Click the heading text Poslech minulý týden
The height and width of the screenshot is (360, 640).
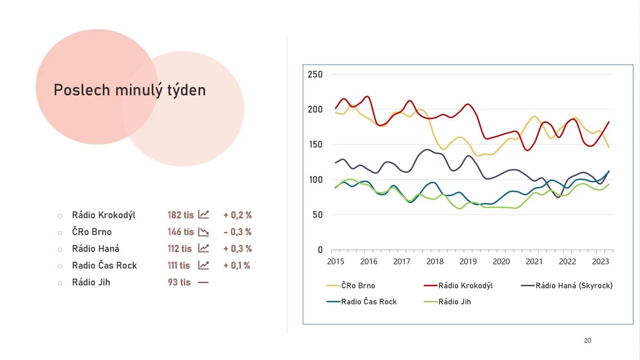click(130, 90)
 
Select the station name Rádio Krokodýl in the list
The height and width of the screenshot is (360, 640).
click(104, 215)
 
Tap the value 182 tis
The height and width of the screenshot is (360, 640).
click(180, 215)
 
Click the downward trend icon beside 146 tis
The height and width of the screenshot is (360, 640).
click(204, 232)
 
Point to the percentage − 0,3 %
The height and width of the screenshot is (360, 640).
click(238, 232)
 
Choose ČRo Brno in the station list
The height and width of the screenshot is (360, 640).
click(92, 232)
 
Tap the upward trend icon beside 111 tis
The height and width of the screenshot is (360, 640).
click(204, 265)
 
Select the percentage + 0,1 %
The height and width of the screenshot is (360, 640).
click(237, 266)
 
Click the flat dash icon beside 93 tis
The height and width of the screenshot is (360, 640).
click(203, 282)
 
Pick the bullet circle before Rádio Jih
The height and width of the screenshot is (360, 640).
click(60, 283)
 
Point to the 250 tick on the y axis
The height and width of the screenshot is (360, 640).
click(315, 74)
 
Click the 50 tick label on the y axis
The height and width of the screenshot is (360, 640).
click(318, 215)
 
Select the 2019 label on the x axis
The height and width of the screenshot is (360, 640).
click(468, 262)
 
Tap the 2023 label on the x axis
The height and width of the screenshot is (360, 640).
click(600, 262)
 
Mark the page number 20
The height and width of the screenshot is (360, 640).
click(587, 340)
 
